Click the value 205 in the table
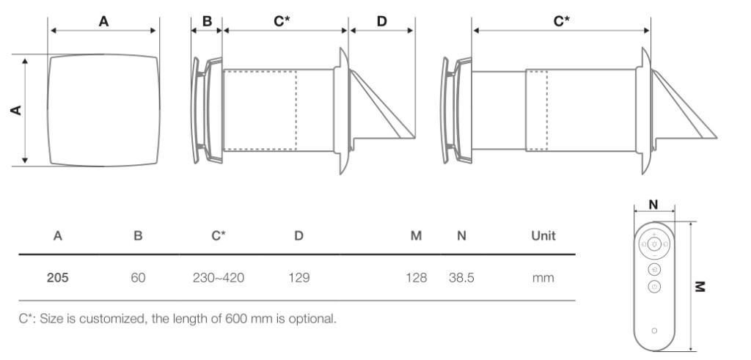(x=57, y=278)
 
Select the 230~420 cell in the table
(x=219, y=278)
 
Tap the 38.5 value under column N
(x=462, y=278)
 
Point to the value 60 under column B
(x=138, y=278)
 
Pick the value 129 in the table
(x=299, y=278)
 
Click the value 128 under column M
(x=417, y=278)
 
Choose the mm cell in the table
(x=543, y=278)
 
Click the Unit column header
(x=543, y=235)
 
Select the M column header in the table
(x=417, y=235)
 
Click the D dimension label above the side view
(x=381, y=21)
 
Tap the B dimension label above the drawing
(x=207, y=21)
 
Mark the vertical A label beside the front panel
(x=16, y=110)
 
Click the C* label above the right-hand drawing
(x=561, y=21)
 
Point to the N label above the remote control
(x=653, y=205)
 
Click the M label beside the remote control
(x=700, y=286)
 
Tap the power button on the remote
(x=655, y=287)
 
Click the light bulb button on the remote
(x=655, y=244)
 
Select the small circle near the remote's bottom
(x=655, y=331)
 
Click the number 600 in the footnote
(x=234, y=319)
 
